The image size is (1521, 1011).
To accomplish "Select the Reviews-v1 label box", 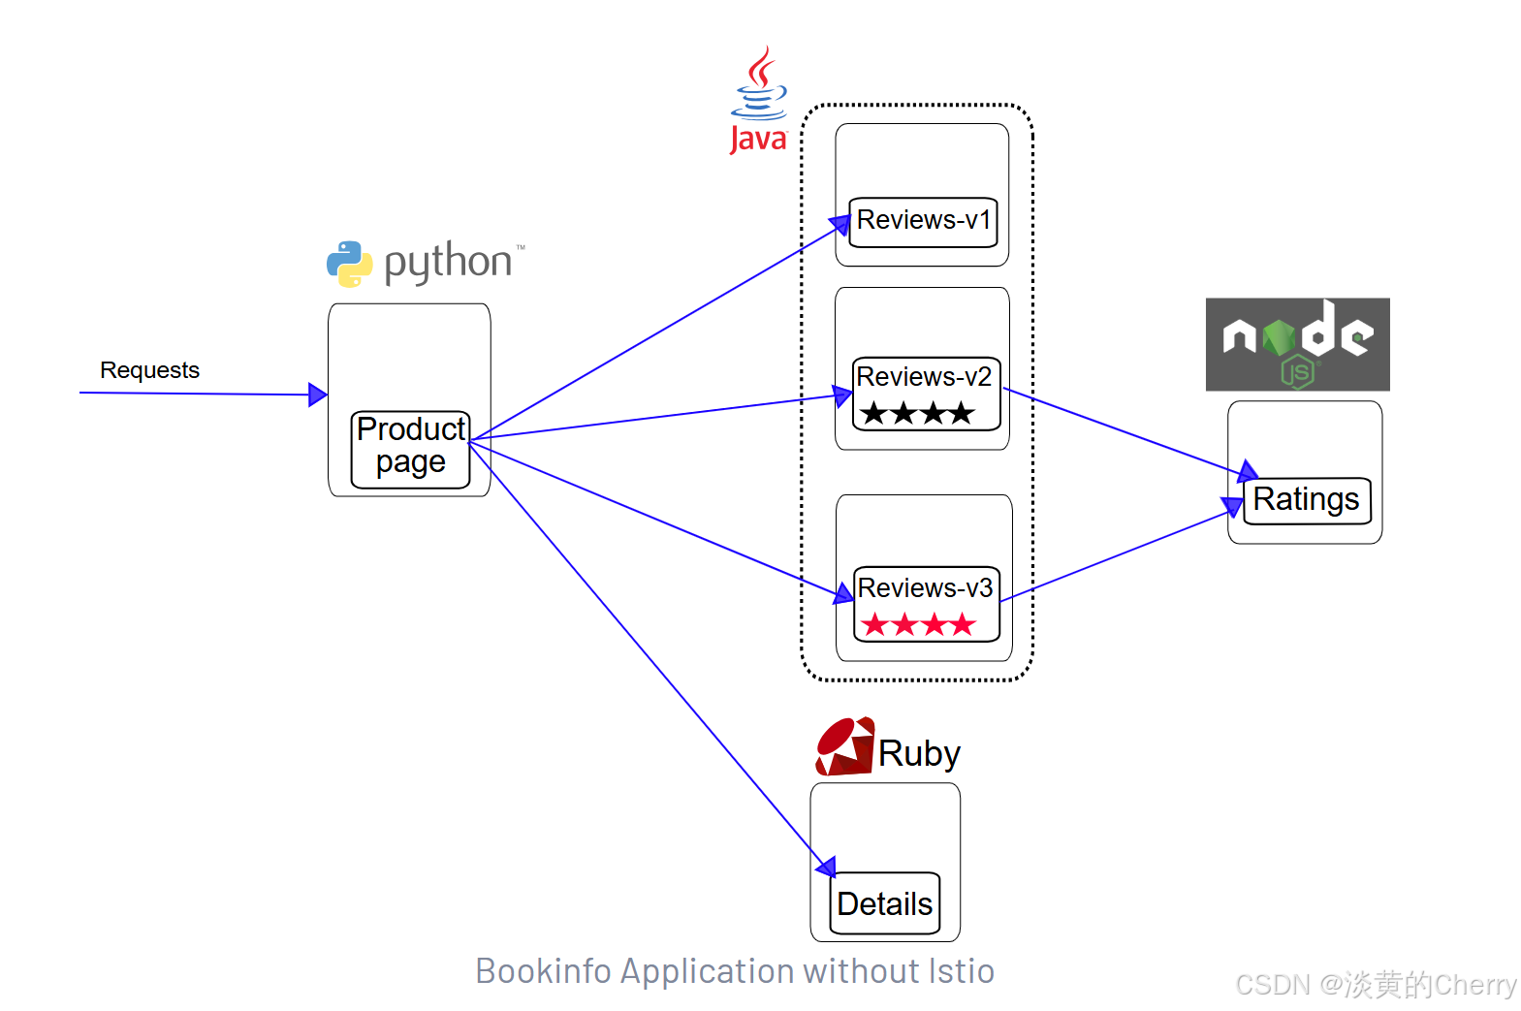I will click(x=923, y=222).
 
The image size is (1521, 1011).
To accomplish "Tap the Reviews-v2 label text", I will click(x=924, y=376).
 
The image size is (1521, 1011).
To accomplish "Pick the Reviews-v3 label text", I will click(x=925, y=587).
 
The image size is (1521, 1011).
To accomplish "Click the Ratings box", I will click(x=1306, y=500).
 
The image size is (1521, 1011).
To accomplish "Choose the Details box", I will click(x=884, y=903).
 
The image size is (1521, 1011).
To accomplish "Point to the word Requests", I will click(x=149, y=370).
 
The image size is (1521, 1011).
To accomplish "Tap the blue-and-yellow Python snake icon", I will click(x=349, y=264).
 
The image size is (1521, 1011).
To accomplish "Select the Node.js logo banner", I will click(x=1297, y=344).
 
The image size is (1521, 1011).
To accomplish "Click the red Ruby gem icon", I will click(x=845, y=746).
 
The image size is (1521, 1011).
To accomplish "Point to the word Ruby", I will click(x=919, y=753).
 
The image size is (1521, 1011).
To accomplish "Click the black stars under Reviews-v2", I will click(x=916, y=414).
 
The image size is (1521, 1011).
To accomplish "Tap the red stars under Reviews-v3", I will click(x=917, y=624).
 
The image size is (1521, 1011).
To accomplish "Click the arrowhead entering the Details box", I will click(x=826, y=866).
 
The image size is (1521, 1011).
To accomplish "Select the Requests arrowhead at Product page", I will click(x=317, y=394).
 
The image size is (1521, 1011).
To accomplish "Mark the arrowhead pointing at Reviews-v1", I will click(x=840, y=225).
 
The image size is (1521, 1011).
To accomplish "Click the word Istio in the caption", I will click(x=961, y=971).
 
